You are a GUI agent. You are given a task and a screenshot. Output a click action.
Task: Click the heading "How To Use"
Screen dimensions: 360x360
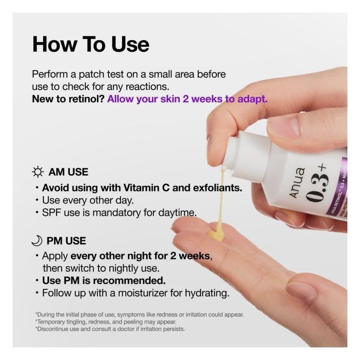(x=90, y=45)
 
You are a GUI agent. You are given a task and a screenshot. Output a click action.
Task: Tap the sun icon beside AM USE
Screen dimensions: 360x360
(x=38, y=172)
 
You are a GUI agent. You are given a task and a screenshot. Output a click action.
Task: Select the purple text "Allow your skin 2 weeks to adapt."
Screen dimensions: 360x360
(x=187, y=99)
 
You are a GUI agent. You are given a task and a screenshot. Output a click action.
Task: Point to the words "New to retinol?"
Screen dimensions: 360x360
(x=68, y=99)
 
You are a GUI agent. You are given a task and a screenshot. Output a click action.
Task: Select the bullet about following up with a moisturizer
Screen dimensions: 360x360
(x=135, y=293)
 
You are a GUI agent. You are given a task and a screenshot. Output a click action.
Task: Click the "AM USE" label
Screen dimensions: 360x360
(x=68, y=172)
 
